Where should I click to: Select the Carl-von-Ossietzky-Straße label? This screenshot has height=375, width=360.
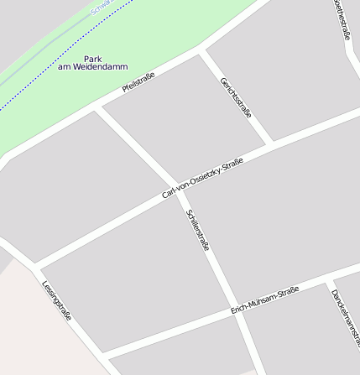point(203,179)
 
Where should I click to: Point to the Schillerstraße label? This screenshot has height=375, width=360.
point(198,231)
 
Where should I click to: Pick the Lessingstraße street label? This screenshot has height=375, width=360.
point(56,301)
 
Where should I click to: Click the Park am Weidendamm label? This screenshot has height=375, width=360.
point(93,62)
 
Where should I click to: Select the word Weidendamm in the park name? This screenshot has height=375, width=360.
point(93,66)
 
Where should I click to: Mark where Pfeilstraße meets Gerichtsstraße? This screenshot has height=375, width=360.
point(201,53)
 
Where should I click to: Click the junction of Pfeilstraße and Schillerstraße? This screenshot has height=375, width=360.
point(98,109)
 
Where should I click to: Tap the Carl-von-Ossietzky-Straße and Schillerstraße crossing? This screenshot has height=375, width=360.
point(178,190)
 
